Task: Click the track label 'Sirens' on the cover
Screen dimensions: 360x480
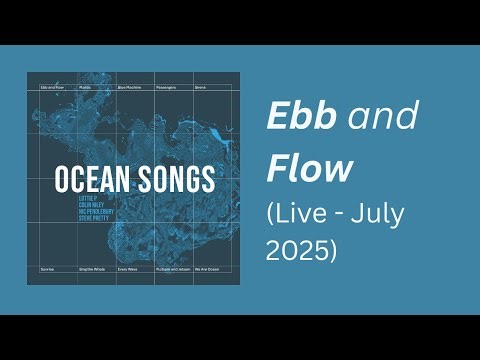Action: tap(199, 88)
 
